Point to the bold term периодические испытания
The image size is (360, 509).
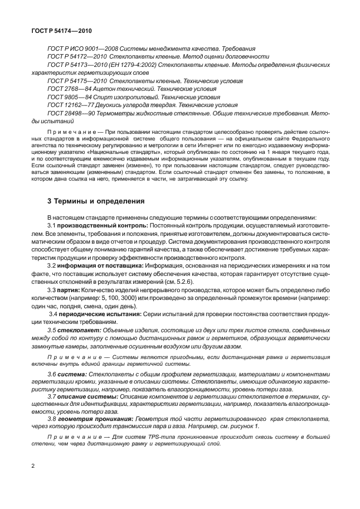[92, 314]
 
